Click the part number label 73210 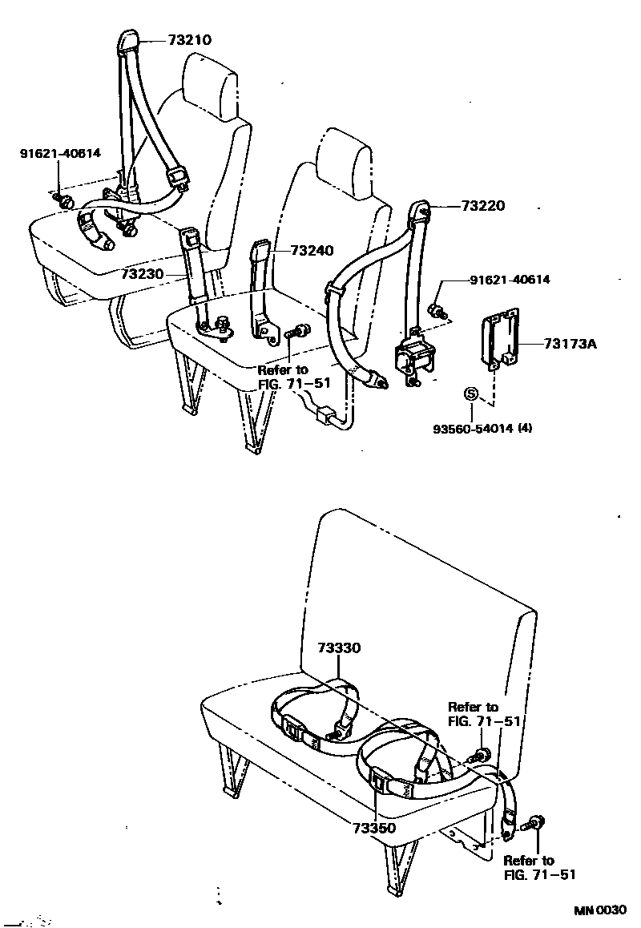(191, 39)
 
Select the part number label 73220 (483, 205)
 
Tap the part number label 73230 (143, 274)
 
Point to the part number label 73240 (312, 251)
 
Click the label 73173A (571, 344)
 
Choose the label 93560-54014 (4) (482, 428)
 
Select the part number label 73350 (373, 827)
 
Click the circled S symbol (471, 393)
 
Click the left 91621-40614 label (60, 151)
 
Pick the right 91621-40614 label (510, 280)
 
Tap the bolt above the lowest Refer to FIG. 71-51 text (537, 823)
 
